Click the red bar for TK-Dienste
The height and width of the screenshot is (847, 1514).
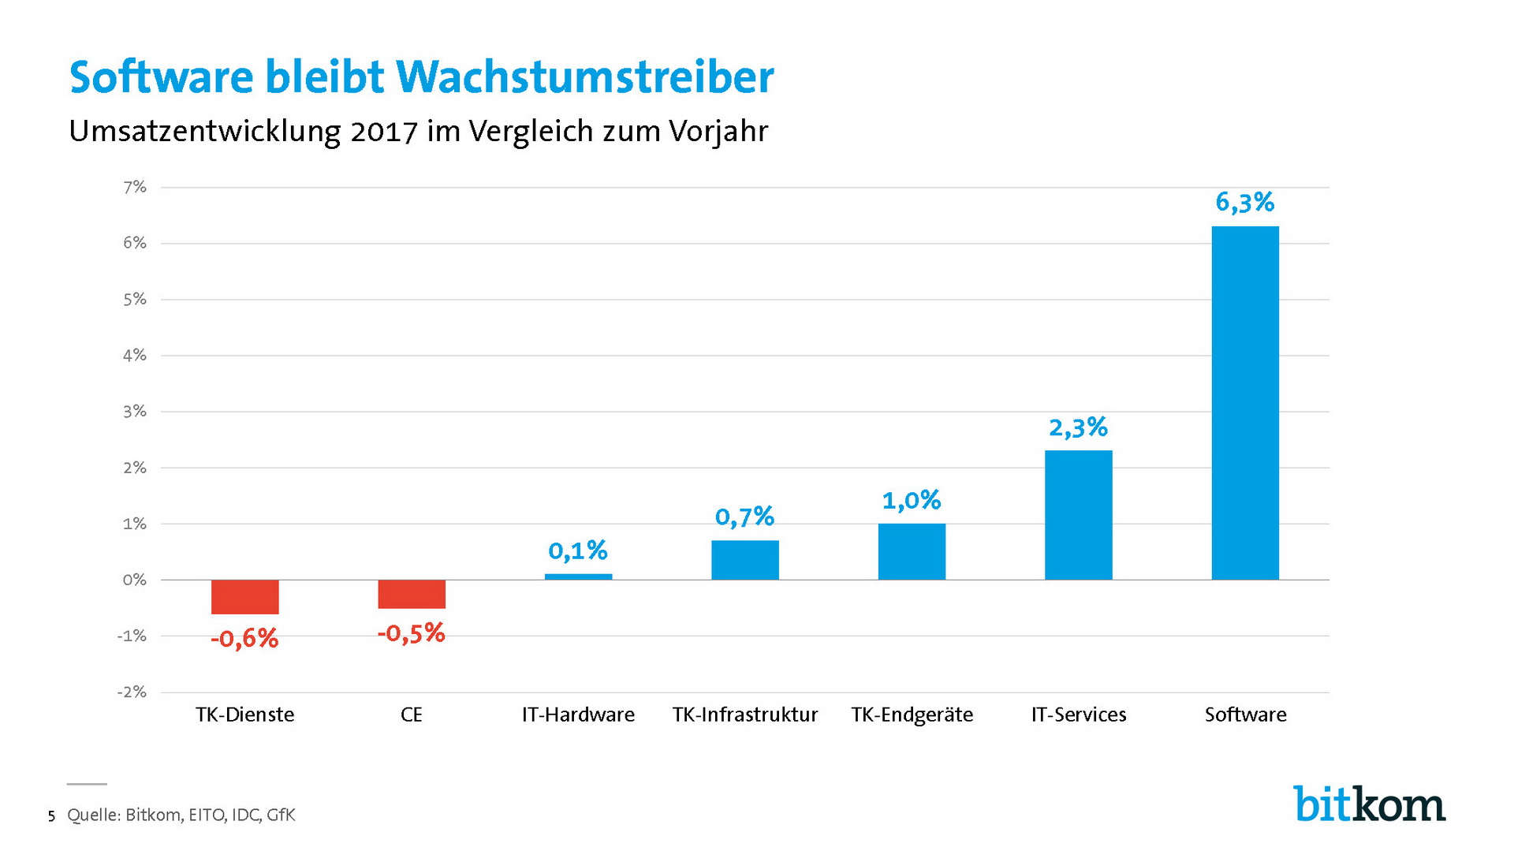coord(244,597)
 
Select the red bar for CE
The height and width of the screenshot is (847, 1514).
coord(412,594)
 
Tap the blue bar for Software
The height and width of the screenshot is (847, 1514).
coord(1245,402)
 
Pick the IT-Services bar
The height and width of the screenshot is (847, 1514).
coord(1078,515)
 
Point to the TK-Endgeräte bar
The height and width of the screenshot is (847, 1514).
coord(912,551)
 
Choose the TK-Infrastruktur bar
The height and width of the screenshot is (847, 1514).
coord(744,560)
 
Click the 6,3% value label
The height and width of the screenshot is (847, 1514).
coord(1244,203)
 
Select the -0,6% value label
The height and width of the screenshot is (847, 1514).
coord(244,638)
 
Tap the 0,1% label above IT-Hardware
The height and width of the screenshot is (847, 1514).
coord(578,550)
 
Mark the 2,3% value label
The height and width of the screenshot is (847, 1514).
coord(1078,427)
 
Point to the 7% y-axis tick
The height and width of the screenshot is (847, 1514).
coord(135,187)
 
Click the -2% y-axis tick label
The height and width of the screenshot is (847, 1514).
coord(132,692)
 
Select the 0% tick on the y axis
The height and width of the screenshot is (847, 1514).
coord(135,580)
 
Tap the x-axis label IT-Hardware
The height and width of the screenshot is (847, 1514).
coord(578,715)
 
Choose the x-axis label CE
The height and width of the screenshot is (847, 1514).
coord(412,715)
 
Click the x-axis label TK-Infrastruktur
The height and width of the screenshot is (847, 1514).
coord(744,715)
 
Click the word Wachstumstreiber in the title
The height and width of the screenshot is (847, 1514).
coord(584,77)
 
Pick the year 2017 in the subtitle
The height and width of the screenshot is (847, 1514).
coord(384,132)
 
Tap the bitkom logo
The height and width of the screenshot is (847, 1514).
coord(1369,804)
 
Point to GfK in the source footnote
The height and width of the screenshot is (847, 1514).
coord(281,815)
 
